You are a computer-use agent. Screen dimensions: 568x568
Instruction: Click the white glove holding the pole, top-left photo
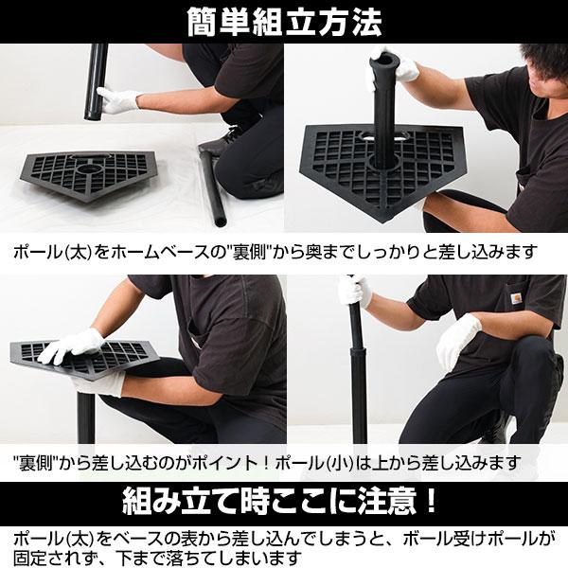coord(118,100)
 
